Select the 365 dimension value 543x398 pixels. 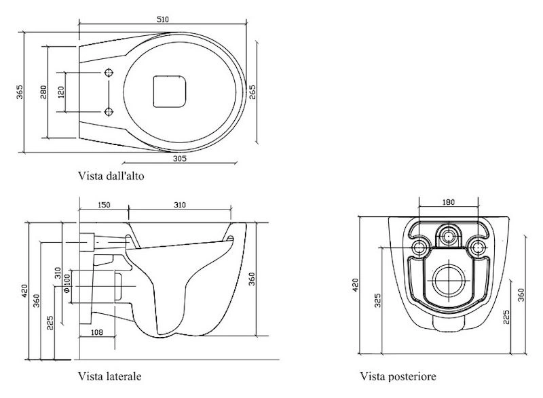20,93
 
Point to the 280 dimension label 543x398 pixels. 43,92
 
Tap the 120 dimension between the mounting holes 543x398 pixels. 62,92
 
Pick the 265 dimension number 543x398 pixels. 252,92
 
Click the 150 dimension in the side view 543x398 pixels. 103,204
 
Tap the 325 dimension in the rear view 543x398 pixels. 377,299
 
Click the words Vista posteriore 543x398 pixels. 398,375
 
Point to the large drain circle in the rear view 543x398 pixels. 447,279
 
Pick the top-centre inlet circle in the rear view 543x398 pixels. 447,235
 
